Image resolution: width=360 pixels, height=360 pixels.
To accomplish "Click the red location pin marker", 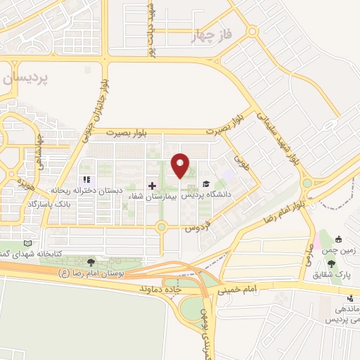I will [180, 165].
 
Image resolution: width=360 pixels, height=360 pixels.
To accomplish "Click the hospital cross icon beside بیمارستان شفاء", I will [152, 185].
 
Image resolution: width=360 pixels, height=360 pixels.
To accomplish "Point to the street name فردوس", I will [198, 227].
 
